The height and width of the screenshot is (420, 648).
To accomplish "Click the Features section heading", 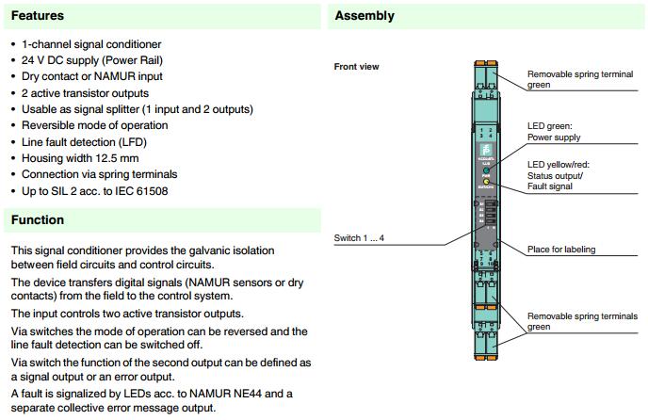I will [x=38, y=16].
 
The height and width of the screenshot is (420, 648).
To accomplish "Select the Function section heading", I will [x=38, y=220].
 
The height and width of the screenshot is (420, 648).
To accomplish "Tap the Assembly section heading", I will [x=364, y=16].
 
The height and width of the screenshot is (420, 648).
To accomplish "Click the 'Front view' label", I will [x=356, y=67].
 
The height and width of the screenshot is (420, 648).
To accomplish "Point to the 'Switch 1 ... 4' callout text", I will [x=359, y=238].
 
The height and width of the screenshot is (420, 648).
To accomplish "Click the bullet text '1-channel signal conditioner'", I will [x=91, y=44].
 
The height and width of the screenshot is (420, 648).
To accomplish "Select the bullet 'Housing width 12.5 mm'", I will [x=79, y=157].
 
